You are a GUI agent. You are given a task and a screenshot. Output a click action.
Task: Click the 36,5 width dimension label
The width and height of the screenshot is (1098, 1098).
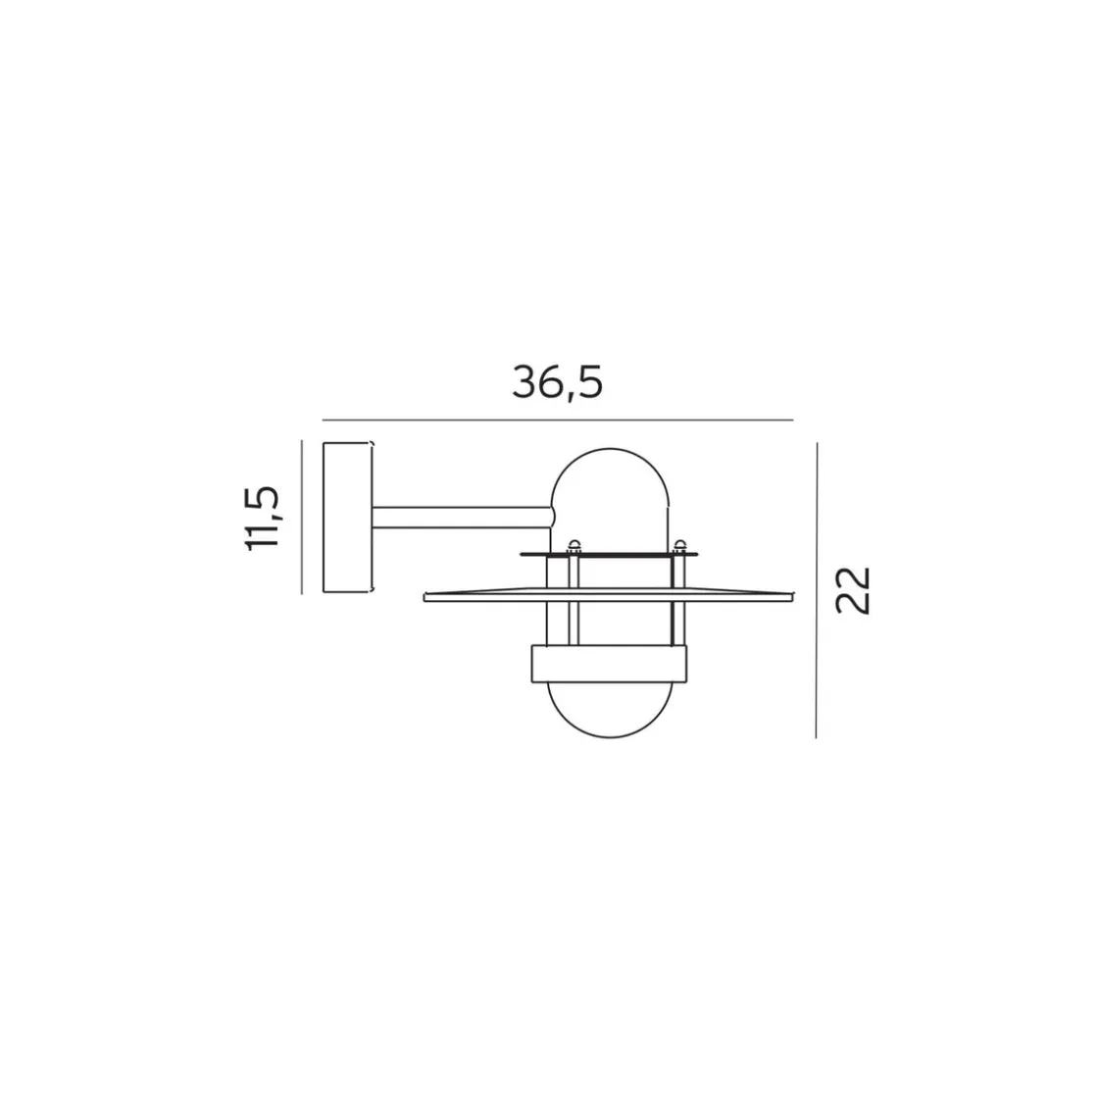[557, 382]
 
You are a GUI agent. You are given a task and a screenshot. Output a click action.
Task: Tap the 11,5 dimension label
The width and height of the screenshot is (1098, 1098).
[262, 518]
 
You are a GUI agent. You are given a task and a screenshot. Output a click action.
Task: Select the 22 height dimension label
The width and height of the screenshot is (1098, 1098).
[852, 590]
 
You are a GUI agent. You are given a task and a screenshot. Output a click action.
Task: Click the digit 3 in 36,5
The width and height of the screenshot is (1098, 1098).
[524, 382]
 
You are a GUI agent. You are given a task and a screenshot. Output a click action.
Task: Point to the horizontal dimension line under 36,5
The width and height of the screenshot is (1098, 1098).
[558, 421]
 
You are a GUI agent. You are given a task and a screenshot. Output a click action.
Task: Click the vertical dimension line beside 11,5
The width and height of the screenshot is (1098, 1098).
[301, 517]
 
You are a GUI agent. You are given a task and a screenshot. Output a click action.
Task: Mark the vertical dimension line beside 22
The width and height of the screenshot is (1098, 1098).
[817, 589]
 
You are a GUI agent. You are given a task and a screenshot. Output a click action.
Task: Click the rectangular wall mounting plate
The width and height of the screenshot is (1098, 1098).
[347, 517]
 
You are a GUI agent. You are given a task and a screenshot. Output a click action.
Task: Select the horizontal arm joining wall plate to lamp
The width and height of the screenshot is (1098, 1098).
[462, 518]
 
